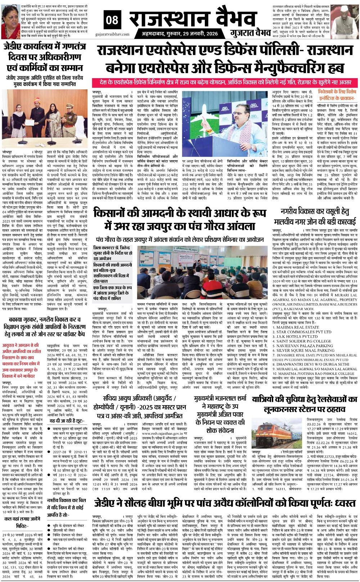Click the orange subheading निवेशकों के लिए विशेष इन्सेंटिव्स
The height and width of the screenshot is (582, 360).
pyautogui.click(x=337, y=94)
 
